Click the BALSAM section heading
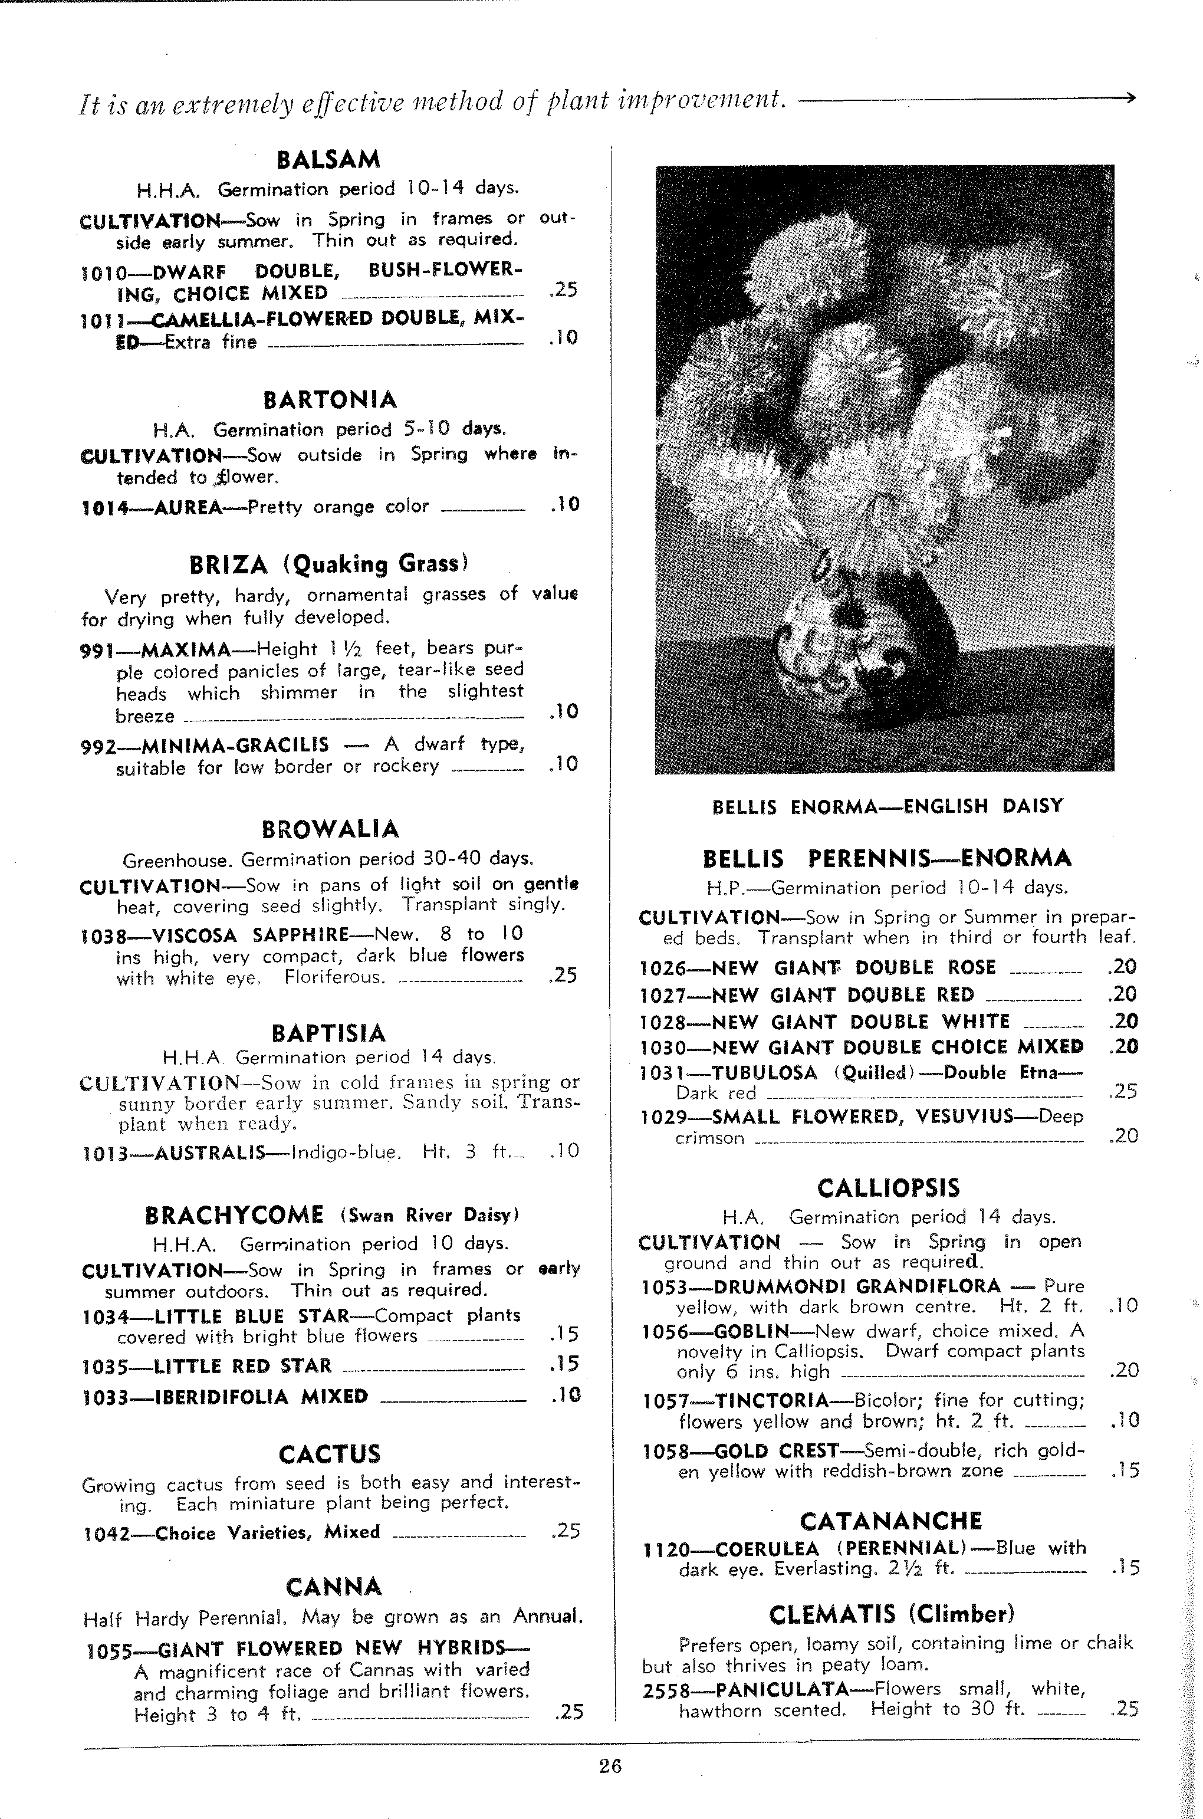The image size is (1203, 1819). click(328, 160)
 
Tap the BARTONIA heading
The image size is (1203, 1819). click(330, 400)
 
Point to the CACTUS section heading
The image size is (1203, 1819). click(329, 1454)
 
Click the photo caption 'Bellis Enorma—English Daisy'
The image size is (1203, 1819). click(888, 806)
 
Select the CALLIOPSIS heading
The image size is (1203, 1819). click(888, 1188)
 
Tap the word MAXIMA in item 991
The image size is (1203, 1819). click(186, 651)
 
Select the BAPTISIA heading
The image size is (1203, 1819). click(328, 1033)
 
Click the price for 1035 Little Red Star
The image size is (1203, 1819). click(565, 1364)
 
